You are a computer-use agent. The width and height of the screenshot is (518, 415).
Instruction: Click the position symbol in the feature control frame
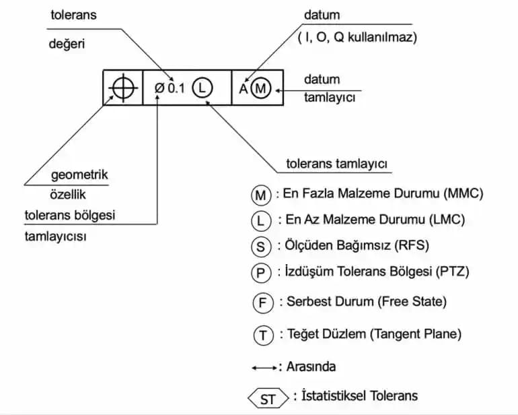click(123, 88)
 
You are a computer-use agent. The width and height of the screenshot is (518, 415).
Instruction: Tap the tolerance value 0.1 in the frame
click(176, 88)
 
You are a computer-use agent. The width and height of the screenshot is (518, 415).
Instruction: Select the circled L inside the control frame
click(202, 88)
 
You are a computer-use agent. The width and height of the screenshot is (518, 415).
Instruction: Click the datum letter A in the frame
click(244, 88)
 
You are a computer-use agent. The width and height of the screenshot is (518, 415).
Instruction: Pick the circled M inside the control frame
click(262, 88)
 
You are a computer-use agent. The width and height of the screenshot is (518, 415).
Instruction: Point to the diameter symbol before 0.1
click(159, 88)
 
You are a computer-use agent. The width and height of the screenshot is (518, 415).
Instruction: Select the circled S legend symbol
click(260, 247)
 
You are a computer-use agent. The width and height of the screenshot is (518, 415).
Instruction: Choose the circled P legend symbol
click(260, 273)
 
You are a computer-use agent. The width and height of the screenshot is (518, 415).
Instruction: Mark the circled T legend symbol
click(262, 334)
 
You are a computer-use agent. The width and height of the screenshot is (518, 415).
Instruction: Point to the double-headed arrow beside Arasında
click(263, 368)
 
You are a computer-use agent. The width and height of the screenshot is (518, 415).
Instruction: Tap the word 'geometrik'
click(79, 175)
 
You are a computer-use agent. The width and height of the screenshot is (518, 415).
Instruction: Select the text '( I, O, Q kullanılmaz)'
click(357, 38)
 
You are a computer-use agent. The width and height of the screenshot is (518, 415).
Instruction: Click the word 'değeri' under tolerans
click(67, 44)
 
